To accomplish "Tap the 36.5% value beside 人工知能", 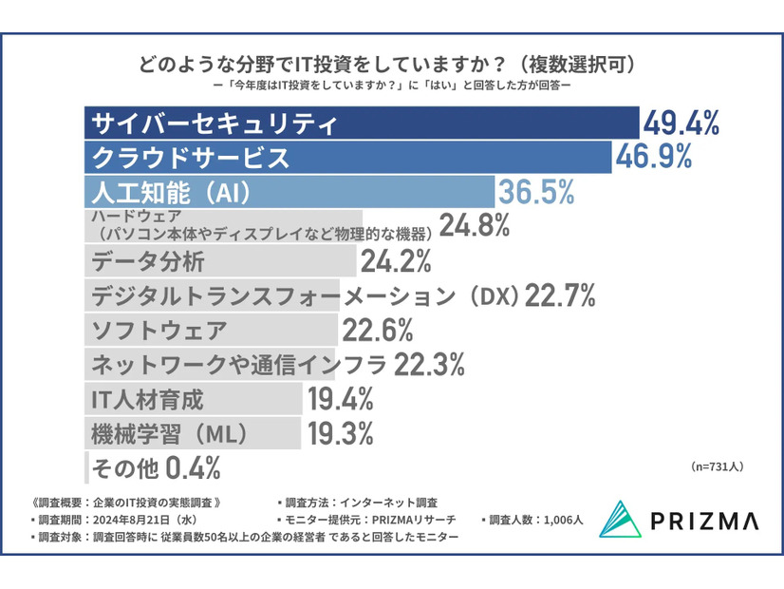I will pyautogui.click(x=537, y=192).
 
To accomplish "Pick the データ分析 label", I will pyautogui.click(x=146, y=260).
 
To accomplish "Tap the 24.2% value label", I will pyautogui.click(x=396, y=260).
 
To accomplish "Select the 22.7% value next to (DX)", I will pyautogui.click(x=560, y=295).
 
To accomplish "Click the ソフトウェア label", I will pyautogui.click(x=159, y=331).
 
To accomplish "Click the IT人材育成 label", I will pyautogui.click(x=147, y=399).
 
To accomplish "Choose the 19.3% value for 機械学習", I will pyautogui.click(x=339, y=433).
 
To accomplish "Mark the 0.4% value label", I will pyautogui.click(x=194, y=467).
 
